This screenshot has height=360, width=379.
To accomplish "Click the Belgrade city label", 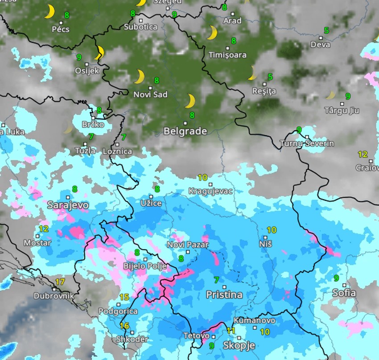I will click(185, 131).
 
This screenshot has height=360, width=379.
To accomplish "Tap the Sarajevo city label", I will click(68, 205).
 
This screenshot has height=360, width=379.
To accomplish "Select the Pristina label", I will click(224, 295).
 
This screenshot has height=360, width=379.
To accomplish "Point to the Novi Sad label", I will click(151, 94).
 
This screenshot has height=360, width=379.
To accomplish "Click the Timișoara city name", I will click(227, 55).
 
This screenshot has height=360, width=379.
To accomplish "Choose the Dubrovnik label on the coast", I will click(54, 296).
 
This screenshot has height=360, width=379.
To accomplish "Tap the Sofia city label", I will click(344, 293).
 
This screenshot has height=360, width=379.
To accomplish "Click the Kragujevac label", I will click(210, 191).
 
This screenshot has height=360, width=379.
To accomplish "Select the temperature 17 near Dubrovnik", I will click(60, 282).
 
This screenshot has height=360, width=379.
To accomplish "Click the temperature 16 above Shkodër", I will click(124, 326).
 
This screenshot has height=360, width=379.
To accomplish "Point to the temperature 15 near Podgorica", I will click(124, 297).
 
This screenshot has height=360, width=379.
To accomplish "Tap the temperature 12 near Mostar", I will click(43, 229).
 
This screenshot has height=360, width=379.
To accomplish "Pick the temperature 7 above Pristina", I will click(217, 280).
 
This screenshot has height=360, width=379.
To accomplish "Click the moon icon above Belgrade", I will click(190, 101).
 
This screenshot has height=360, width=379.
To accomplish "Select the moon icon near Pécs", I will click(49, 12).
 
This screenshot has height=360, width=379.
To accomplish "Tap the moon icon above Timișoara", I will click(212, 33).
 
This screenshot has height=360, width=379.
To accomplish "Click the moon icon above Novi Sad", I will click(140, 77).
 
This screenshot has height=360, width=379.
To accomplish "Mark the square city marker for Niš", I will click(266, 237).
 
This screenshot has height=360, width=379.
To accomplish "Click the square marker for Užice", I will click(151, 196).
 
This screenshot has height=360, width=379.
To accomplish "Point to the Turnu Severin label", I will click(307, 143).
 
